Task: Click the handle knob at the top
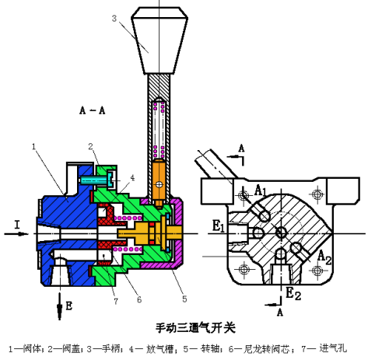click(159, 40)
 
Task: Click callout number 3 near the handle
click(114, 19)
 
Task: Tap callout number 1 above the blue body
click(33, 147)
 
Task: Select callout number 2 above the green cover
click(90, 146)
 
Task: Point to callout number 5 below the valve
click(184, 299)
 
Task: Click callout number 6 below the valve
click(139, 299)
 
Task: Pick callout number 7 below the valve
click(116, 301)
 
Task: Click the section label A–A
click(93, 110)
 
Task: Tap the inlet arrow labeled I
click(16, 234)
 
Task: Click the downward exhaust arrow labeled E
click(60, 306)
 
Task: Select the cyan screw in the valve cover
click(96, 180)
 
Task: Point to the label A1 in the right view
click(260, 190)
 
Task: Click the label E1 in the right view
click(219, 225)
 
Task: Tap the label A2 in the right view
click(324, 257)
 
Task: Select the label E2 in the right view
click(293, 294)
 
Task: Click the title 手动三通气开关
click(195, 328)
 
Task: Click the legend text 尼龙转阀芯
click(266, 349)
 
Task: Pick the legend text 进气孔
click(333, 348)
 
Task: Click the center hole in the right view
click(281, 232)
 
